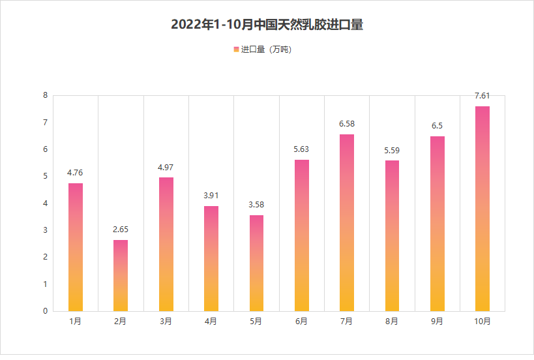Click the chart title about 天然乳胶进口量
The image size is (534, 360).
pyautogui.click(x=267, y=25)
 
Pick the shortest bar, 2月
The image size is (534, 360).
pyautogui.click(x=121, y=275)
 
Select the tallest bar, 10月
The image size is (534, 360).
pyautogui.click(x=482, y=209)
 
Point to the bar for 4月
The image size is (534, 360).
pyautogui.click(x=211, y=258)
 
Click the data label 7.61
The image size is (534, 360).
pyautogui.click(x=482, y=96)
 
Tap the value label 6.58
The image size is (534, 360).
pyautogui.click(x=346, y=124)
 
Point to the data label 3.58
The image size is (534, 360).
pyautogui.click(x=256, y=205)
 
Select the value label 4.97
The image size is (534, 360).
pyautogui.click(x=166, y=168)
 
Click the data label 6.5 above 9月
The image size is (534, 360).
pyautogui.click(x=437, y=126)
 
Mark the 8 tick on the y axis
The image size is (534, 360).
pyautogui.click(x=45, y=95)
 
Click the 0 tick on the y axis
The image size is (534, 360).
pyautogui.click(x=45, y=311)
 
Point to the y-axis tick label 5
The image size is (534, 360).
pyautogui.click(x=45, y=176)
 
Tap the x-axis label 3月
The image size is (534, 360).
pyautogui.click(x=166, y=321)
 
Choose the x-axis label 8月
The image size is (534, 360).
pyautogui.click(x=391, y=321)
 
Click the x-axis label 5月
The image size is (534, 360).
pyautogui.click(x=256, y=321)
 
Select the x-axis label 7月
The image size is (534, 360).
pyautogui.click(x=346, y=321)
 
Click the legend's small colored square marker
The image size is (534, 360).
pyautogui.click(x=236, y=50)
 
